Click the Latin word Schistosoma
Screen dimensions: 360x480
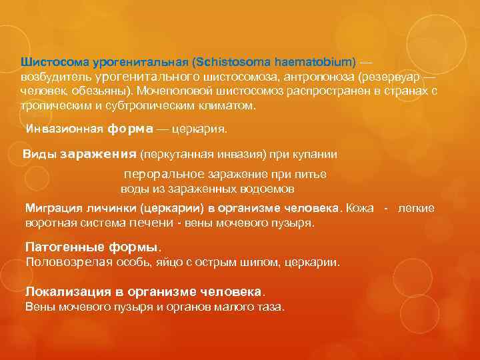(228, 62)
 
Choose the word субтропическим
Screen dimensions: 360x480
(132, 106)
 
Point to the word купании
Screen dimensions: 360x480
(317, 154)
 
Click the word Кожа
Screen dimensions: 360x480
(360, 208)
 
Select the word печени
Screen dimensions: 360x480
(153, 223)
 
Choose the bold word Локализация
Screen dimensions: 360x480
(67, 292)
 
